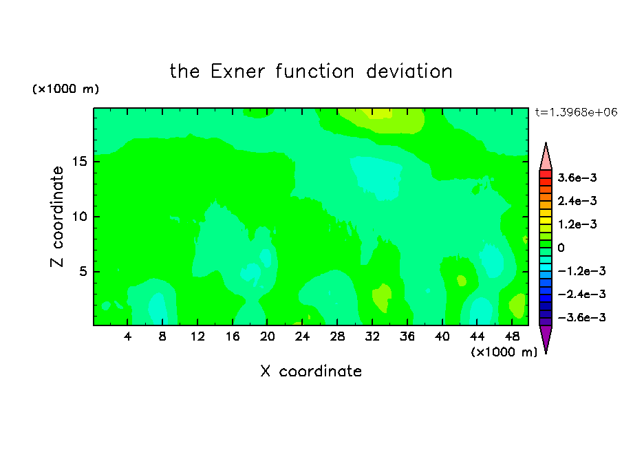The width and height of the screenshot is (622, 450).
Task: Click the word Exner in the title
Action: pos(237,72)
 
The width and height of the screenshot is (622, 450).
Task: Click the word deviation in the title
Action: pos(409,72)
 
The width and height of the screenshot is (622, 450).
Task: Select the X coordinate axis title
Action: pos(311,371)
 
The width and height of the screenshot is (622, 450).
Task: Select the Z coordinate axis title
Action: pos(56,217)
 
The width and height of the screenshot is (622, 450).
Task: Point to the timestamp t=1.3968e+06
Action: pos(576,112)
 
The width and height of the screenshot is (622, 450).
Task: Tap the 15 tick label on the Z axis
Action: pos(79,162)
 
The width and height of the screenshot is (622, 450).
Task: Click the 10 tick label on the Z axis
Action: pos(79,217)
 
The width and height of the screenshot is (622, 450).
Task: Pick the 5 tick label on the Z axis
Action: pos(83,271)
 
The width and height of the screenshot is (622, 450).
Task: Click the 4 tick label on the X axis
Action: pos(127,336)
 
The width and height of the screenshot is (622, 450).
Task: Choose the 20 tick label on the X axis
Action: pos(268,336)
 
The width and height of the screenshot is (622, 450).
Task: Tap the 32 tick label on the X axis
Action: pos(372,336)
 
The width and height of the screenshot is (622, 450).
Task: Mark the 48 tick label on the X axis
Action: pos(512,336)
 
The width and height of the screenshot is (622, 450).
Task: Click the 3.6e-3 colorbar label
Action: pos(577,178)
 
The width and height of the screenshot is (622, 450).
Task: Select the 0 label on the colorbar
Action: pos(561,248)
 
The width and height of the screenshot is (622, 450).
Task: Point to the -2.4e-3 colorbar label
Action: pos(581,294)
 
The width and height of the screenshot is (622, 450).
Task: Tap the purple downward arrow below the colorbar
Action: pos(546,337)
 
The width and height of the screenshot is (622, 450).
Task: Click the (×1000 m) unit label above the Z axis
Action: pos(65,89)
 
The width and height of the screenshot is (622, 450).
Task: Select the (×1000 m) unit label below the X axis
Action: pos(504,352)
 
